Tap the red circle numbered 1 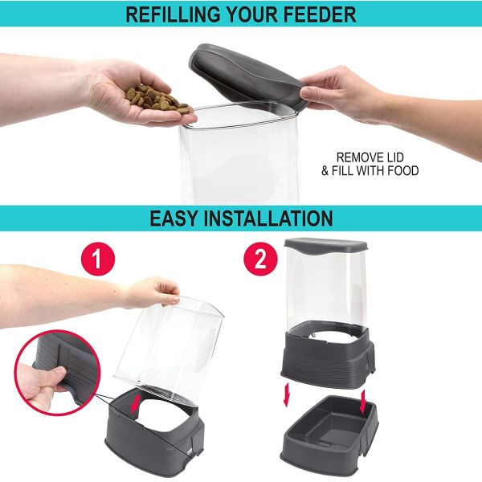click(99, 259)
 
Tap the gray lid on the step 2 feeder click(325, 248)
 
